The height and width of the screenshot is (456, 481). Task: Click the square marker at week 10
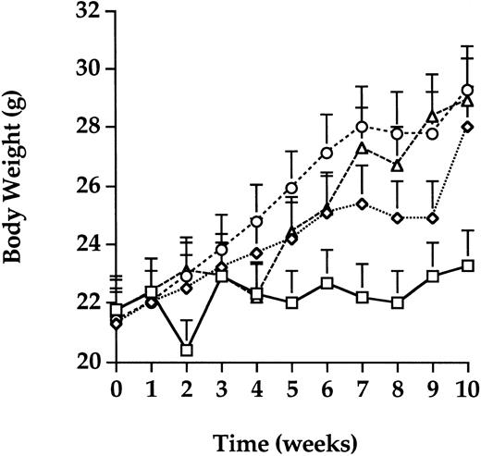coord(467,265)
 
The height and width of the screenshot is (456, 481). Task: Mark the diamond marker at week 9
coord(432,218)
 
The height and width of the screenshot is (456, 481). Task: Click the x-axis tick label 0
coord(117,384)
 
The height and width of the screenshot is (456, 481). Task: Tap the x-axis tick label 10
coord(467,384)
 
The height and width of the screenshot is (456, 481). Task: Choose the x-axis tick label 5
coord(291,384)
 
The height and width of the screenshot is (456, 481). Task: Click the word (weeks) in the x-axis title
coord(312,433)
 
